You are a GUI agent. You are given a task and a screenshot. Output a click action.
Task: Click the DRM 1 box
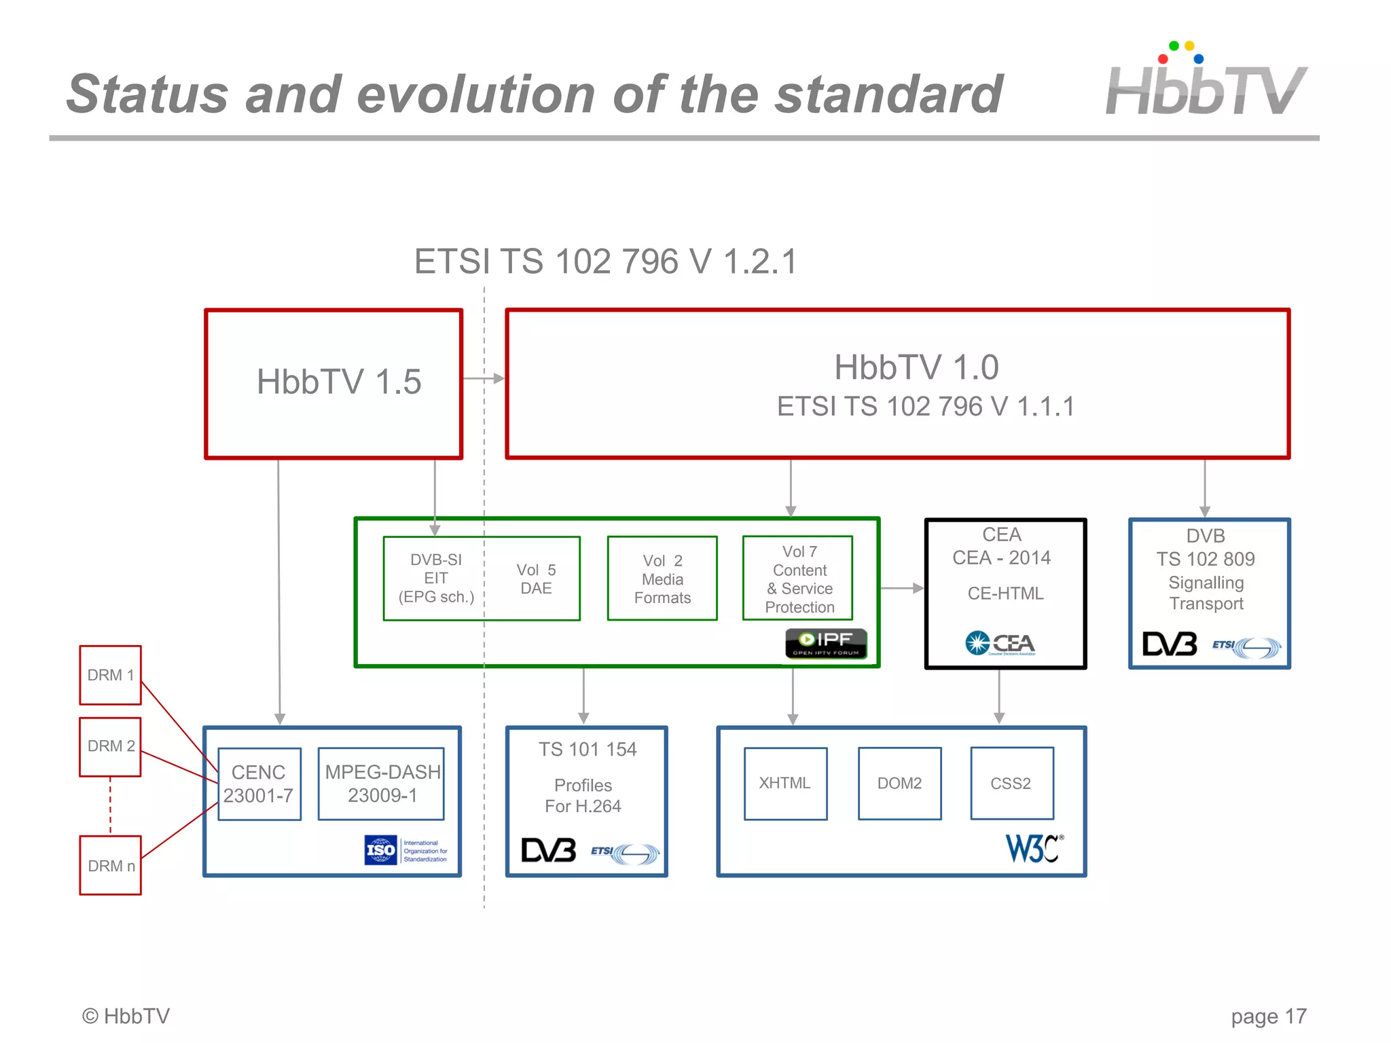coord(110,675)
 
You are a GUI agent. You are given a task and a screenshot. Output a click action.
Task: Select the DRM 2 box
coord(110,746)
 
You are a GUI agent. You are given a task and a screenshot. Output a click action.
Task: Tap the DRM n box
coord(110,865)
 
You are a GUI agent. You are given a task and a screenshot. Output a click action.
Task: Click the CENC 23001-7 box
coord(259,784)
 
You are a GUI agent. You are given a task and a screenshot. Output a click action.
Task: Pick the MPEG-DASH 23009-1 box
coord(381,784)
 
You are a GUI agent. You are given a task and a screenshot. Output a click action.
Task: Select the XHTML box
coord(785,784)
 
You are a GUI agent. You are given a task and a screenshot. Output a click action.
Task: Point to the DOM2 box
coord(899,784)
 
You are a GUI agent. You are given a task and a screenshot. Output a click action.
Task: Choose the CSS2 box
coord(1011,784)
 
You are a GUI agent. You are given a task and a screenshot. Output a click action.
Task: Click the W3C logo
coord(1034,848)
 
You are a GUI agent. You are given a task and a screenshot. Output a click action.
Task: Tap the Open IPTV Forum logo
coord(826,643)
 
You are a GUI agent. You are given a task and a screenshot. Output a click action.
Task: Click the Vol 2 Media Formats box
coord(662,579)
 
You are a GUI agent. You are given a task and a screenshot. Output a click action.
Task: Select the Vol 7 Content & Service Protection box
coord(798,579)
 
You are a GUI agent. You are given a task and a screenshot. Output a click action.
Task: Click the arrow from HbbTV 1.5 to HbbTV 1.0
coord(484,378)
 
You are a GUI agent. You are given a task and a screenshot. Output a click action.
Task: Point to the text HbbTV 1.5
coord(339,382)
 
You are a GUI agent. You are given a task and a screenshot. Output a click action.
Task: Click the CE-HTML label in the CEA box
coord(1005,593)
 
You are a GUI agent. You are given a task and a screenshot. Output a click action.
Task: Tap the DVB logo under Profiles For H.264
coord(548,850)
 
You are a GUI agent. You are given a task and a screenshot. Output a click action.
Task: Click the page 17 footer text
coord(1268,1017)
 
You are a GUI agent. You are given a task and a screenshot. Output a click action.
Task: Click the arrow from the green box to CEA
coord(902,588)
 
